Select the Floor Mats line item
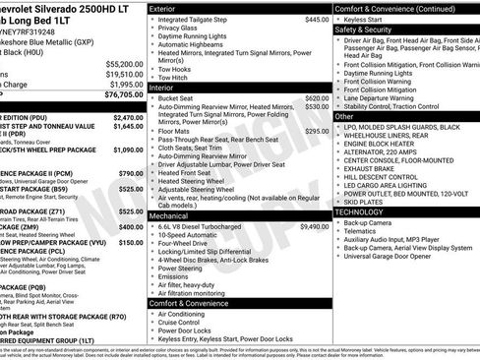174,131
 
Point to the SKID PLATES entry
363,202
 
